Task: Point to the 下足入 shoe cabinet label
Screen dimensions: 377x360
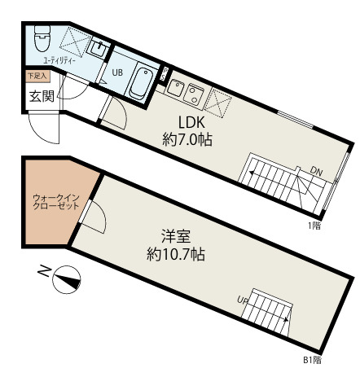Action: (37, 76)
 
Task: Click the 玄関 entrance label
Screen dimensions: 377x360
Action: (42, 95)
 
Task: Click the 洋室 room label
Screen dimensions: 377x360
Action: (176, 237)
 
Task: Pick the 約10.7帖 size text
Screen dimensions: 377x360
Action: (176, 254)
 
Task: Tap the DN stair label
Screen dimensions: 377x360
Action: (316, 170)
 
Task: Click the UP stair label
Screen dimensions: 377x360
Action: (243, 300)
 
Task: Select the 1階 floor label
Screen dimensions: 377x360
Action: (314, 225)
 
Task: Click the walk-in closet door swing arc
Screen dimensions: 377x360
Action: (92, 215)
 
